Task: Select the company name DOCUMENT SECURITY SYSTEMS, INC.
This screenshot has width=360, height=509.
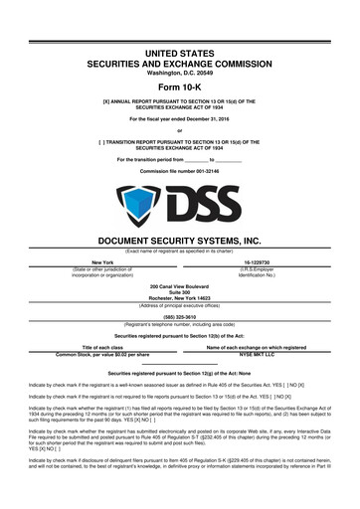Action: coord(180,240)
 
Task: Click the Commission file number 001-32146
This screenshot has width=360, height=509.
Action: coord(180,173)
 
